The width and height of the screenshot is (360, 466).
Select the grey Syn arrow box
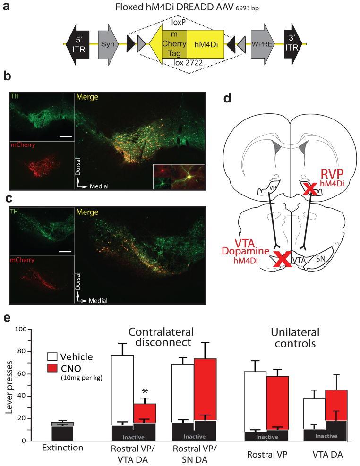pos(108,44)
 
